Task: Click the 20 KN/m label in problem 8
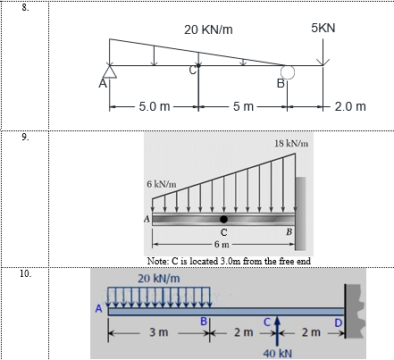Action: click(x=208, y=29)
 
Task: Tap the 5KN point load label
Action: click(x=323, y=28)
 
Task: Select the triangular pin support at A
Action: click(x=110, y=71)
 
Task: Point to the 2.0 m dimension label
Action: click(x=350, y=106)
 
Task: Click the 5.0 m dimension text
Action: click(x=155, y=106)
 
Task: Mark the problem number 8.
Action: click(x=26, y=8)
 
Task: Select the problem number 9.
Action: click(x=26, y=137)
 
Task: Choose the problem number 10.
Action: click(x=26, y=273)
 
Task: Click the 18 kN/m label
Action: click(x=291, y=144)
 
